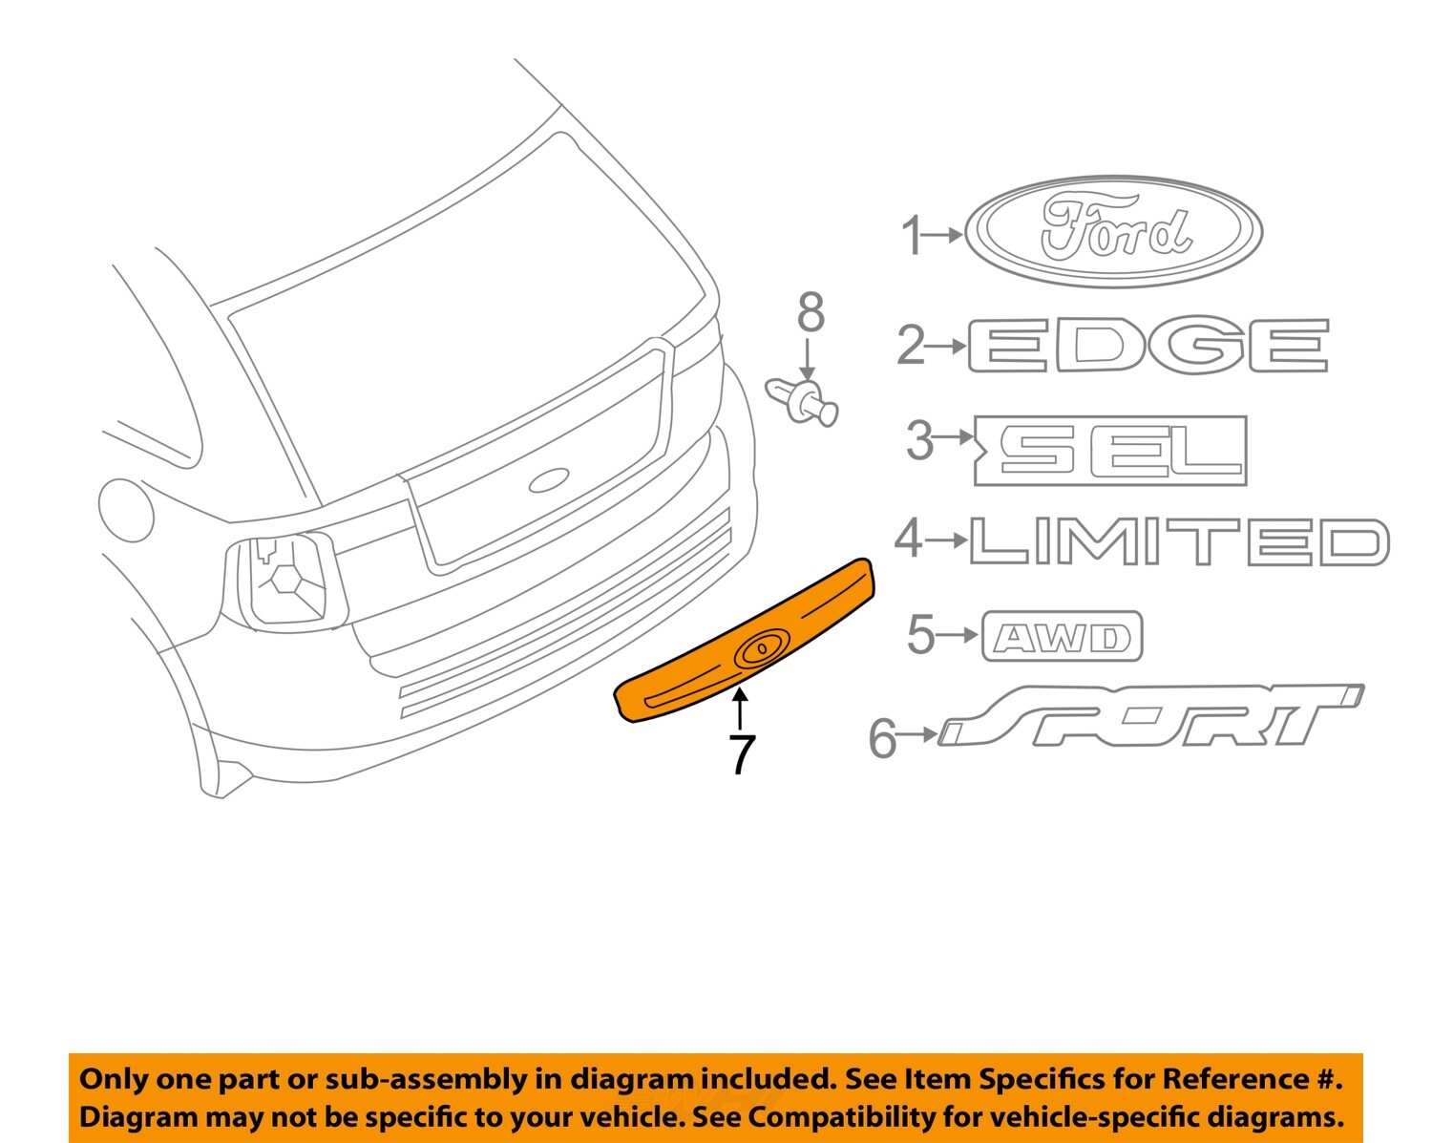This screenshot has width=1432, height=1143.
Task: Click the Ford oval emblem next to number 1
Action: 1113,232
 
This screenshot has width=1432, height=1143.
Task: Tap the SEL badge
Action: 1111,450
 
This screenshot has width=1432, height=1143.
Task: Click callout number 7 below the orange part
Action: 741,753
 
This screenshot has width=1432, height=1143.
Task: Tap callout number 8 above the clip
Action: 811,313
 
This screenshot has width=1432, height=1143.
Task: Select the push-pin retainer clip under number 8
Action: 803,402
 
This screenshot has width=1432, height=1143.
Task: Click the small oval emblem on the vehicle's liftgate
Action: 549,480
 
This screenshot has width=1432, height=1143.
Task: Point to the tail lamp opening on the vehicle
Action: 283,581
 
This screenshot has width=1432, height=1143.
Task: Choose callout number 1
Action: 913,235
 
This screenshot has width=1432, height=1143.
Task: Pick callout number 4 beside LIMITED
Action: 909,540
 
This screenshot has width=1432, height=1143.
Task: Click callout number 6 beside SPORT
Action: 883,737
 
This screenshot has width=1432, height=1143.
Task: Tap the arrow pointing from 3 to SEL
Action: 954,439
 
